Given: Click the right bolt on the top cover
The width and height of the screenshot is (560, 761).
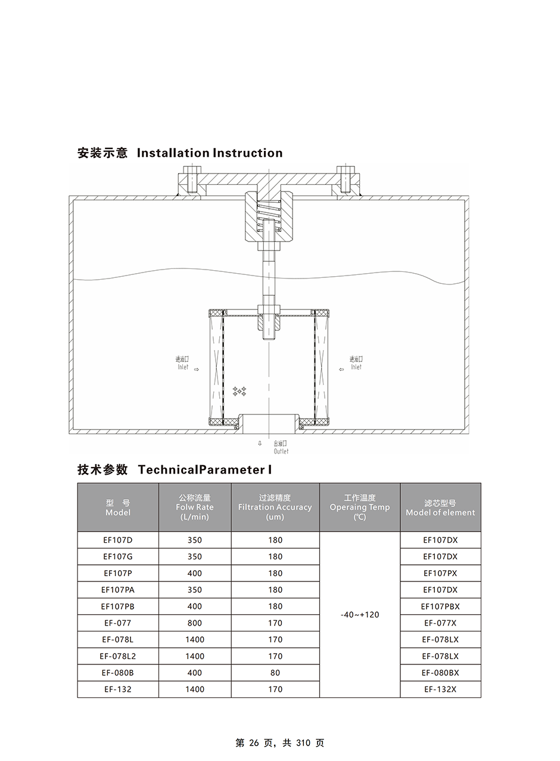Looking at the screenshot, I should coord(345,180).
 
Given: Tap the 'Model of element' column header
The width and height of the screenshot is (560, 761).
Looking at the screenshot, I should coord(440,508).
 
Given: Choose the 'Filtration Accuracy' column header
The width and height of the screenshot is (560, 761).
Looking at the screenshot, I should coord(275,507).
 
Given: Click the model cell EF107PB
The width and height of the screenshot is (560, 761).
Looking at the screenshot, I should coord(117,607).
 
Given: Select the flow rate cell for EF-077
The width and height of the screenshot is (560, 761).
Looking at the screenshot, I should coord(195,623).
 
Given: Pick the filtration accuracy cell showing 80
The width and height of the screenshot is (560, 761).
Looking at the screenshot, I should coord(275,673).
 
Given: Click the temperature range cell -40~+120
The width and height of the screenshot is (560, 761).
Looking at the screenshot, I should coord(360,615).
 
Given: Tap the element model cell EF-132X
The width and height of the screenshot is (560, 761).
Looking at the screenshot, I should coord(440,689).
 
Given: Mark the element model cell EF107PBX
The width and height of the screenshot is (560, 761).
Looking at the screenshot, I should coord(440,607).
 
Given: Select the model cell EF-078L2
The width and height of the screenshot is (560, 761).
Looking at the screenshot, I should coord(117,656).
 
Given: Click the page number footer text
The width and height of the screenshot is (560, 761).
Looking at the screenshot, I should coord(280,743).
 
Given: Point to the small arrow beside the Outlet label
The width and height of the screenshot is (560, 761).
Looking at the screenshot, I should coord(260,443).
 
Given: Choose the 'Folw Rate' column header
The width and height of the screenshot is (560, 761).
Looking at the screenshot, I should coord(195,507).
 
